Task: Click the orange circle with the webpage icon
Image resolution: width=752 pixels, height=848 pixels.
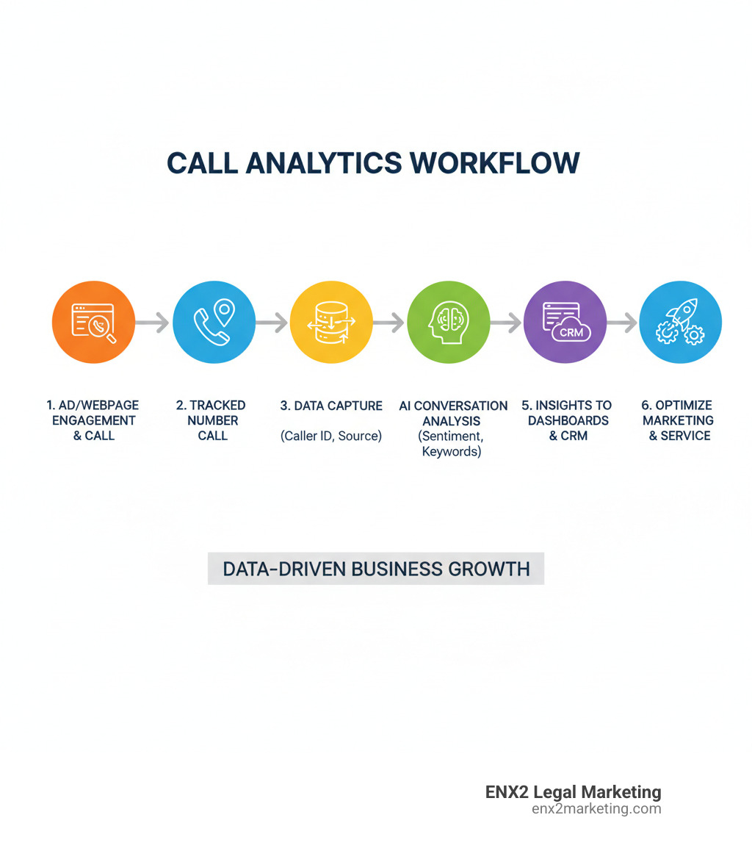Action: click(x=93, y=322)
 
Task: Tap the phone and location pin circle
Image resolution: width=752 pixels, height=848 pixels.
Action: click(x=214, y=322)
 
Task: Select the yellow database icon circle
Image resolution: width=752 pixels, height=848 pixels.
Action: click(x=331, y=322)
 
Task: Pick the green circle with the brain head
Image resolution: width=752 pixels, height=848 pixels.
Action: click(x=448, y=322)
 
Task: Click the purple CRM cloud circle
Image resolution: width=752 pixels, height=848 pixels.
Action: click(x=565, y=322)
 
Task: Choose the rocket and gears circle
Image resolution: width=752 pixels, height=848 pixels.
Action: click(x=681, y=322)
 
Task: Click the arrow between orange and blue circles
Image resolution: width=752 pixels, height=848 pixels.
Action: click(x=153, y=322)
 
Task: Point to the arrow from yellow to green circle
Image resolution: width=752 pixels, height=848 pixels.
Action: click(x=388, y=322)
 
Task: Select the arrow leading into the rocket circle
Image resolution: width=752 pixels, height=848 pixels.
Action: click(x=622, y=322)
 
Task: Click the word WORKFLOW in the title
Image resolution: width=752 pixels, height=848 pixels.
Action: click(x=491, y=163)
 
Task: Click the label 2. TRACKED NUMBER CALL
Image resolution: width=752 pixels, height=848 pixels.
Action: click(x=211, y=420)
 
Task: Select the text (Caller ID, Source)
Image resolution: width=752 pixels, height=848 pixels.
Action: click(x=331, y=436)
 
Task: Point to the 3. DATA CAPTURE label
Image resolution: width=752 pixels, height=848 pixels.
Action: click(x=331, y=406)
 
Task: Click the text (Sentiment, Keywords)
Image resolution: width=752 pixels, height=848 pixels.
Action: click(x=451, y=444)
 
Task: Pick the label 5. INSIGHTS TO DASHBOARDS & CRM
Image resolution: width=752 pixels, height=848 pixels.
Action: click(x=566, y=420)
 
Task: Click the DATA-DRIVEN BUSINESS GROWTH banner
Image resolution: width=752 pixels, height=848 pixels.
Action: click(x=376, y=569)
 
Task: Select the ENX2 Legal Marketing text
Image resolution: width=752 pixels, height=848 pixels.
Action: click(x=573, y=792)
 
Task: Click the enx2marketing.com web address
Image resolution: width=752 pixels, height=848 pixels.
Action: click(x=596, y=809)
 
